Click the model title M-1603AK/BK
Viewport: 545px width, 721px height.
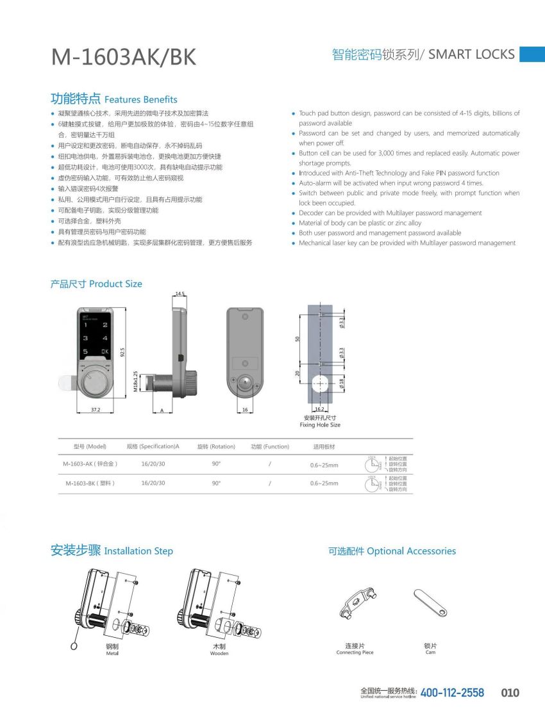tap(124, 57)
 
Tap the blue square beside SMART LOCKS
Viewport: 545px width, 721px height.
tap(532, 54)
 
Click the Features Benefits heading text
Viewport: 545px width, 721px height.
tap(140, 100)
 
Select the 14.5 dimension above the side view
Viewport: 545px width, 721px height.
tap(180, 294)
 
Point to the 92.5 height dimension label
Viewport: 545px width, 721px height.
tap(122, 353)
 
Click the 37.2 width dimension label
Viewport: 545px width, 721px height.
tap(94, 409)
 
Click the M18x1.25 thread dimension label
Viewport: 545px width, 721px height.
tap(135, 382)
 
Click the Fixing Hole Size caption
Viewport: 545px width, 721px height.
tap(320, 425)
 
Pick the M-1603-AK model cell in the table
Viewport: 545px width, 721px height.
tap(90, 464)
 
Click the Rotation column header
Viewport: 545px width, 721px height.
tap(216, 446)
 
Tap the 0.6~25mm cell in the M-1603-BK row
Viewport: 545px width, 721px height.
tap(324, 483)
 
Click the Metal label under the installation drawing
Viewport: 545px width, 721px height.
tap(112, 653)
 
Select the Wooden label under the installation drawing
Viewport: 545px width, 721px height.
tap(219, 653)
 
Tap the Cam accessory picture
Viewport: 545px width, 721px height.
tap(430, 603)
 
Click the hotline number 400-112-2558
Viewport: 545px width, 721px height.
tap(452, 693)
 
